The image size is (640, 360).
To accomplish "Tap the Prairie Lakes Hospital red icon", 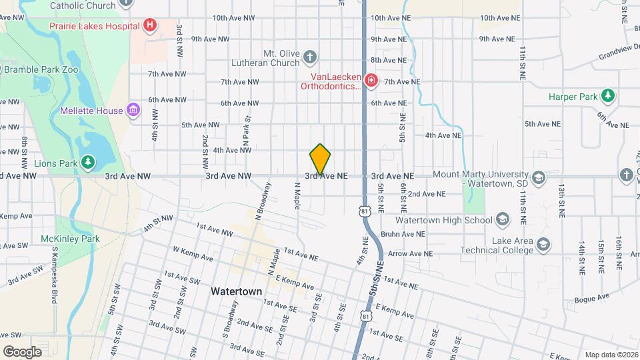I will pyautogui.click(x=150, y=26).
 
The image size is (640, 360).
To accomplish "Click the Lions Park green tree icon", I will pyautogui.click(x=88, y=162).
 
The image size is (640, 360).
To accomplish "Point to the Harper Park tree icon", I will pyautogui.click(x=607, y=97).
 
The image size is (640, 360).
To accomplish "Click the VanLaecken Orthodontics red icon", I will pyautogui.click(x=371, y=81).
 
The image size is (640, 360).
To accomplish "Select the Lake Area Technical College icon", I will pyautogui.click(x=543, y=245).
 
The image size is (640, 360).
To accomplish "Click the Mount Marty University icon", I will pyautogui.click(x=538, y=178).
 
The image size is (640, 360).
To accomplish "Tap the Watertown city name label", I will pyautogui.click(x=236, y=292).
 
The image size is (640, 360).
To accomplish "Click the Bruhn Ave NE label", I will pyautogui.click(x=403, y=234).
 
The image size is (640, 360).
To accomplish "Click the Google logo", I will pyautogui.click(x=22, y=351).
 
